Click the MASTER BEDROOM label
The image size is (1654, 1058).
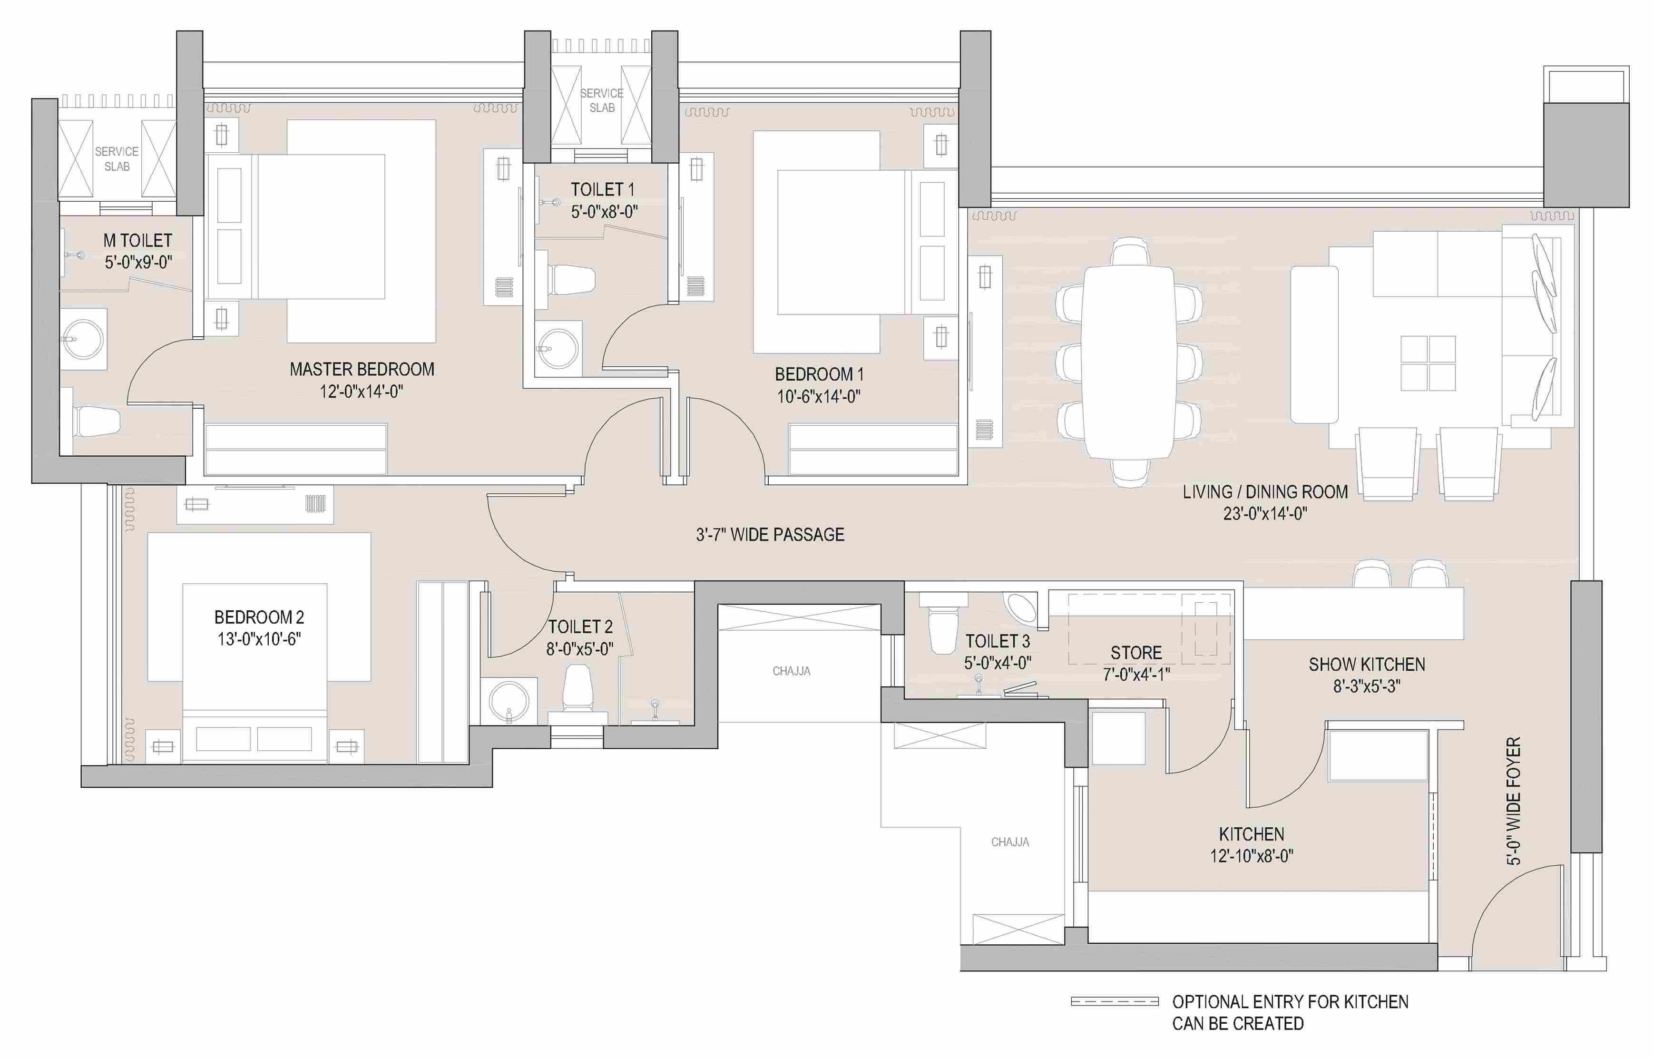tap(362, 370)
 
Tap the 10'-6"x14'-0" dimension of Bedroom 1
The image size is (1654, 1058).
tap(819, 396)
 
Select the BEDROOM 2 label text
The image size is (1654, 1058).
tap(259, 617)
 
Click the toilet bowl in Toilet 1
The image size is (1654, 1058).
tap(571, 280)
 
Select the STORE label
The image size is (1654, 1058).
tap(1136, 653)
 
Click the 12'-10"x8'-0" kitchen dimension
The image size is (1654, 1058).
tap(1252, 856)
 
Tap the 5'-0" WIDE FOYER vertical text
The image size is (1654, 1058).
tap(1513, 801)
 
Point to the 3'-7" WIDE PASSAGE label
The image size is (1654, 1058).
tap(770, 535)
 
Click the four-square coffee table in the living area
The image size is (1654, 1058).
tap(1428, 363)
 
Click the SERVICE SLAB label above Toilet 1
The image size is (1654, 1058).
tap(602, 100)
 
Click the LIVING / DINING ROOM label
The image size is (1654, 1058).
tap(1265, 492)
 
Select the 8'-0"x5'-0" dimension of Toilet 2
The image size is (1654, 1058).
tap(580, 648)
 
